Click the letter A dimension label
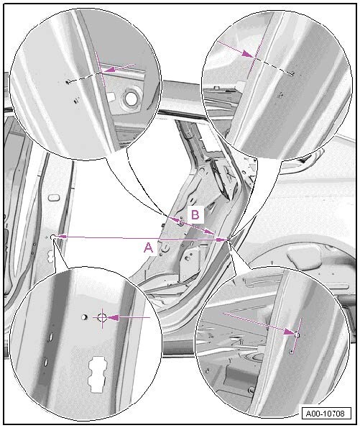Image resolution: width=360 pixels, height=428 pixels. click(x=148, y=248)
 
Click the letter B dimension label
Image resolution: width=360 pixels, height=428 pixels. click(x=195, y=214)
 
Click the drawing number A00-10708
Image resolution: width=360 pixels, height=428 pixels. click(x=325, y=413)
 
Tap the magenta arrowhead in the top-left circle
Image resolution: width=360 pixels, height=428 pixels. click(x=110, y=70)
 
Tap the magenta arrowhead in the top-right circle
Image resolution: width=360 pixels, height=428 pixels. click(x=247, y=54)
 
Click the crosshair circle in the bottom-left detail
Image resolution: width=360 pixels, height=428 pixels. click(x=102, y=317)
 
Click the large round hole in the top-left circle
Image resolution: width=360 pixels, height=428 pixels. click(x=131, y=98)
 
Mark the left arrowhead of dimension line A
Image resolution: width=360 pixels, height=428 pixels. click(x=60, y=237)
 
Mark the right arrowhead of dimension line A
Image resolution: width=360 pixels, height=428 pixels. click(x=221, y=240)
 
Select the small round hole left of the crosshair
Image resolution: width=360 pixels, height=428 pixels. click(x=84, y=317)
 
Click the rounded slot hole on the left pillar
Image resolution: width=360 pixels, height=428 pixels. click(x=53, y=197)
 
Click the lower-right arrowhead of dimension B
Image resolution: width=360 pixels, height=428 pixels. click(x=209, y=232)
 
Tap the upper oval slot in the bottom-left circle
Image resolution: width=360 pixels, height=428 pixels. click(x=50, y=338)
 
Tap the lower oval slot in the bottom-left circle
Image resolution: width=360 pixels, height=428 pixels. click(x=45, y=362)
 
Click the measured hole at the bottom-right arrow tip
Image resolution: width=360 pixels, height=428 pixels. click(x=297, y=334)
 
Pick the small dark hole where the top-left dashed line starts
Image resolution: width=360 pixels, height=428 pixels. click(x=68, y=81)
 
